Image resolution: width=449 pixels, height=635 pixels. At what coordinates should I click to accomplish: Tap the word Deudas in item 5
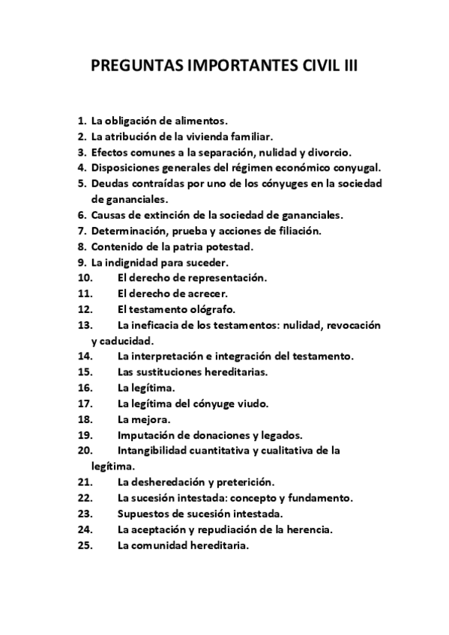(x=110, y=183)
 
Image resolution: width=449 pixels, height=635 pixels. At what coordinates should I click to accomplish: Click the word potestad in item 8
(x=230, y=246)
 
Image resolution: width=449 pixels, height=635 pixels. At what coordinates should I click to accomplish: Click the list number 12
(x=84, y=309)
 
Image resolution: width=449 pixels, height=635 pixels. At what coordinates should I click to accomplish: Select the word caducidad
(x=117, y=341)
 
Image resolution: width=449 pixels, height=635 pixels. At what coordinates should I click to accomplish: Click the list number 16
(x=84, y=388)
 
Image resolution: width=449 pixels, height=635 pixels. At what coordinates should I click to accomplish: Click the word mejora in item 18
(x=152, y=419)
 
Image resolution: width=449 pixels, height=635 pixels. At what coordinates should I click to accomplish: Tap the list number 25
(x=84, y=545)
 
